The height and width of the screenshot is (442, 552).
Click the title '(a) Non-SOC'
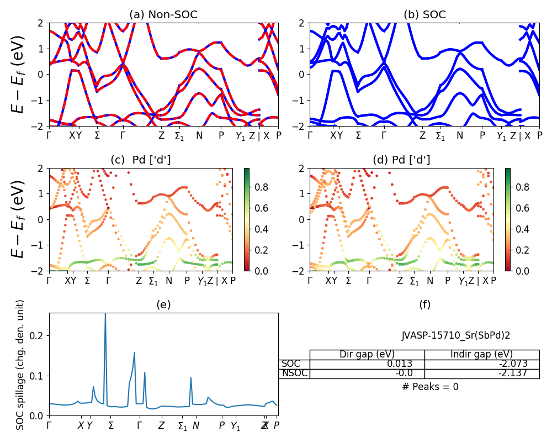tap(163, 15)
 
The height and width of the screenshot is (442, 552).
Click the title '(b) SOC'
tap(424, 15)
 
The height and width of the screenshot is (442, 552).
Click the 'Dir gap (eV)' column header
tap(367, 354)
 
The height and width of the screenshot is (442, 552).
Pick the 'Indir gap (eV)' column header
tap(481, 354)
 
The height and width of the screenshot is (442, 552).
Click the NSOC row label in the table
tap(293, 373)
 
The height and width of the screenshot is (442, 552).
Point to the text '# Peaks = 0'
tap(430, 387)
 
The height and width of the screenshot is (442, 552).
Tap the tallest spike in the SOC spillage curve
tap(105, 314)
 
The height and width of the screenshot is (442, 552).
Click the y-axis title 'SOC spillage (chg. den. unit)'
tap(20, 365)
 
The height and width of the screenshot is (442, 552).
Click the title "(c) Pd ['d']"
tap(141, 160)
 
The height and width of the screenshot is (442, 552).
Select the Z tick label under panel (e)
tap(161, 426)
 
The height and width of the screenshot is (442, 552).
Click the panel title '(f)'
tap(424, 304)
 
